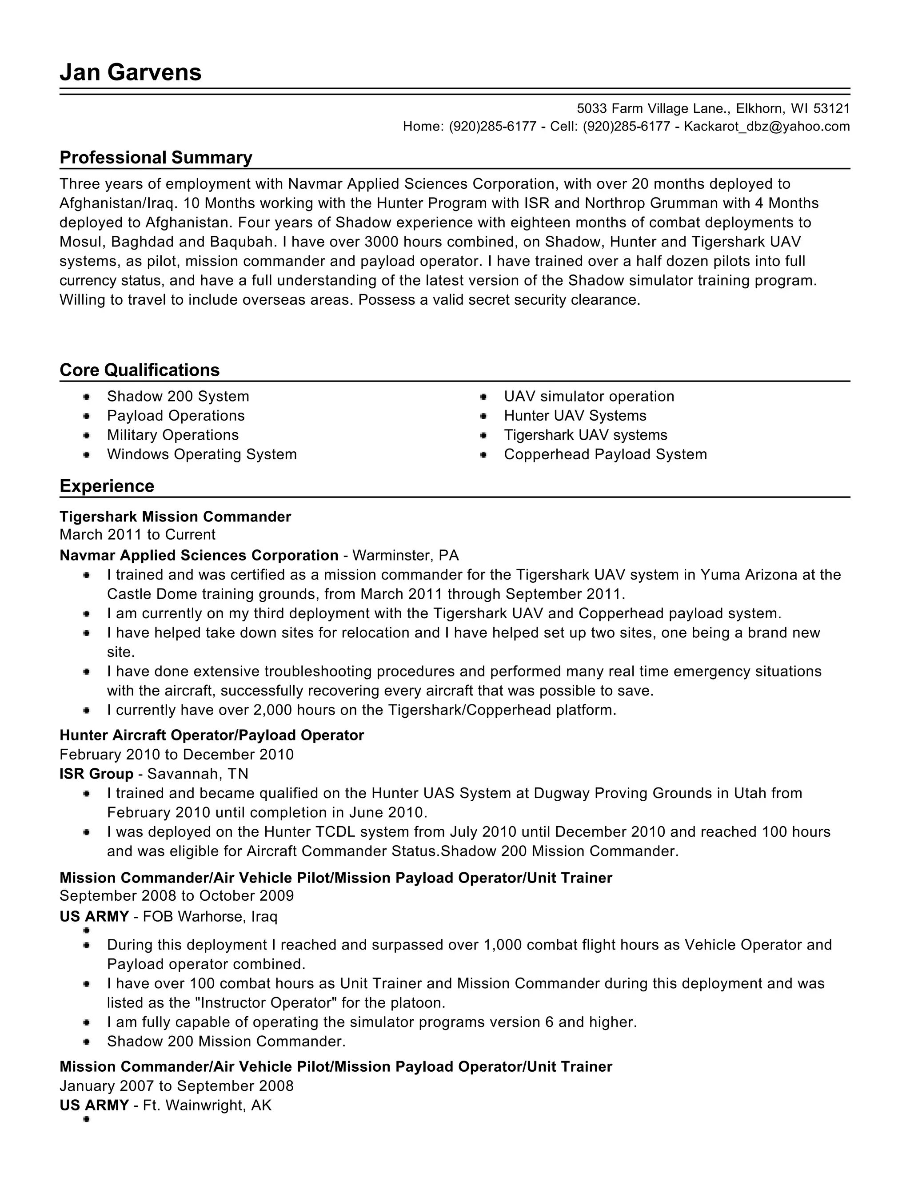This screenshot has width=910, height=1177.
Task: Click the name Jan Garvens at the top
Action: pos(131,72)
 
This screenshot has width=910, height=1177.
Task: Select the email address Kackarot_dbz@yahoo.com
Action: pos(766,127)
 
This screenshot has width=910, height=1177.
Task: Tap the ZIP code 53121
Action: pos(831,109)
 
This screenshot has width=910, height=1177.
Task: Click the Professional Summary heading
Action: pos(156,157)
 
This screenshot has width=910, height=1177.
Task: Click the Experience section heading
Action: pos(107,485)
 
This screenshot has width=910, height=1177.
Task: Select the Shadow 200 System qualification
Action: pos(178,396)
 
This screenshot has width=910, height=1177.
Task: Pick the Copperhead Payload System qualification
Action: pos(605,454)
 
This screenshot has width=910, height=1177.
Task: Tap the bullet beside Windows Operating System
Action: pos(86,455)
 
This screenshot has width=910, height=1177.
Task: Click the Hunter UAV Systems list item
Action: pos(575,416)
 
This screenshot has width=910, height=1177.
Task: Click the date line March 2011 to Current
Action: pos(137,535)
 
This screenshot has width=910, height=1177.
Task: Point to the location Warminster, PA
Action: pos(405,555)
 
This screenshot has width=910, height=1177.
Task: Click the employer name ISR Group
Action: pos(96,774)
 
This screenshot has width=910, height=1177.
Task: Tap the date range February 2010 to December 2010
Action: pos(176,755)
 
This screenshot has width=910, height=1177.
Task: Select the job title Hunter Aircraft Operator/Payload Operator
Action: pos(212,735)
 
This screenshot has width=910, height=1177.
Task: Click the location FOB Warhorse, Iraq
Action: pos(210,916)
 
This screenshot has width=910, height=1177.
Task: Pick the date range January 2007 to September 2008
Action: pos(176,1086)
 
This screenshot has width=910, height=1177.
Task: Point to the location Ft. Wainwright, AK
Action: pos(207,1105)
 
